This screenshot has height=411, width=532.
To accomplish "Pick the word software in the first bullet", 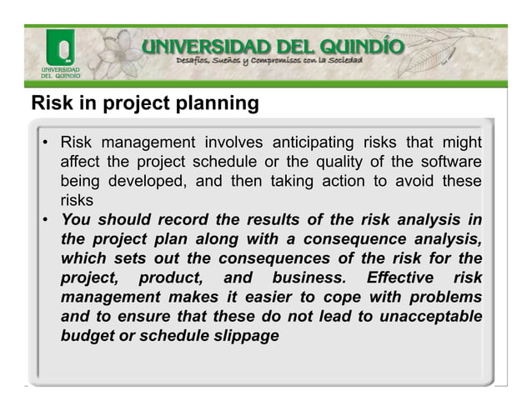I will [450, 161].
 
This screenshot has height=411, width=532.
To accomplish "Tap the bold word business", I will [303, 278].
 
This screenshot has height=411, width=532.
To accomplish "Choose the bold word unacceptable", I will [429, 316].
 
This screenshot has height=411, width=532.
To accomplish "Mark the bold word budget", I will [87, 336].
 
